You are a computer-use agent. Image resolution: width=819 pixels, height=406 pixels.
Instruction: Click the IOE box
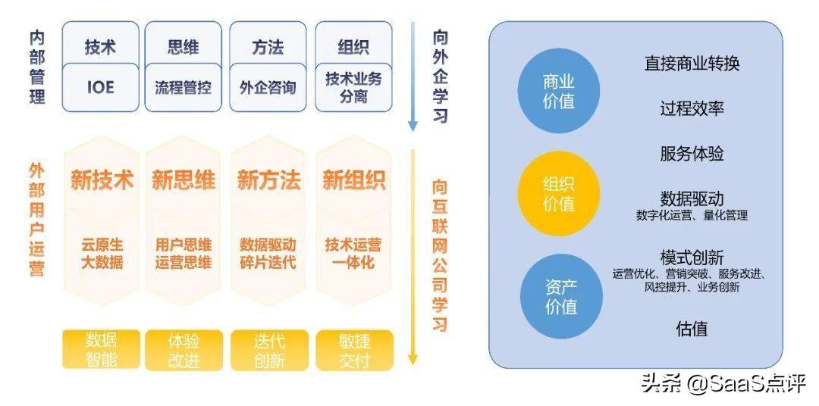(100, 87)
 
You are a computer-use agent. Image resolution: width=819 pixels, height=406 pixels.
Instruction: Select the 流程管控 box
(183, 87)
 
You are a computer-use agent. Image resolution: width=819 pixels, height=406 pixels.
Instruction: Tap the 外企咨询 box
(268, 87)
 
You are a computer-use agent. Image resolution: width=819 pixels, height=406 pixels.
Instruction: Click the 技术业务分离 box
(353, 87)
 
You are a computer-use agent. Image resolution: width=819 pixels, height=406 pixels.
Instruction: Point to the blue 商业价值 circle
(559, 91)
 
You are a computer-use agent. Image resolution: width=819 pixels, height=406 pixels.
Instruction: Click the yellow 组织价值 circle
(559, 195)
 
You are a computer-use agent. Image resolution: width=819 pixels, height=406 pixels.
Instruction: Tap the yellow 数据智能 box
(101, 350)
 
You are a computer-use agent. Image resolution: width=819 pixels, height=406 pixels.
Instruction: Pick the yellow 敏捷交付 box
(354, 350)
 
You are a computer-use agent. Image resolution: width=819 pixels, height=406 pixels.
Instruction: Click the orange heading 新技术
(102, 180)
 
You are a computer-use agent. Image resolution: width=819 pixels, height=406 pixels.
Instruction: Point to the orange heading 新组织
(354, 180)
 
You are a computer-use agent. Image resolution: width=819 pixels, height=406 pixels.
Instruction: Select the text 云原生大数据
(102, 254)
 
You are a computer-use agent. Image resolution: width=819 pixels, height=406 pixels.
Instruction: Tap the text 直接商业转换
(692, 64)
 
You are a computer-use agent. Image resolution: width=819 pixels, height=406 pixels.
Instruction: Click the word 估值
(692, 329)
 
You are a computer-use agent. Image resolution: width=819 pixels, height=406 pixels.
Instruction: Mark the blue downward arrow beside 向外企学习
(413, 76)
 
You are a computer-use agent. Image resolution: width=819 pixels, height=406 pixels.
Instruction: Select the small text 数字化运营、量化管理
(692, 215)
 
